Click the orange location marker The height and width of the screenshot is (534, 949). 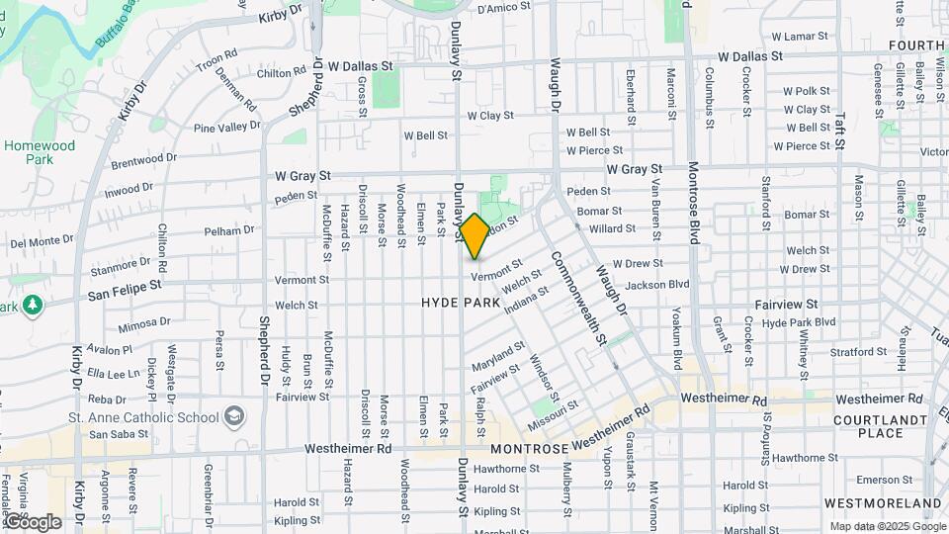(474, 236)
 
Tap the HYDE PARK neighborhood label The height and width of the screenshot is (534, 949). (461, 302)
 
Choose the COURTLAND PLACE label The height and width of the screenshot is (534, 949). (868, 426)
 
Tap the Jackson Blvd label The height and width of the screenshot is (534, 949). (656, 285)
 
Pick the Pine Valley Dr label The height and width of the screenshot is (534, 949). (226, 128)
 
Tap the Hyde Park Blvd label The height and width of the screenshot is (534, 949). (799, 323)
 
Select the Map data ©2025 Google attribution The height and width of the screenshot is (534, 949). (887, 526)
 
